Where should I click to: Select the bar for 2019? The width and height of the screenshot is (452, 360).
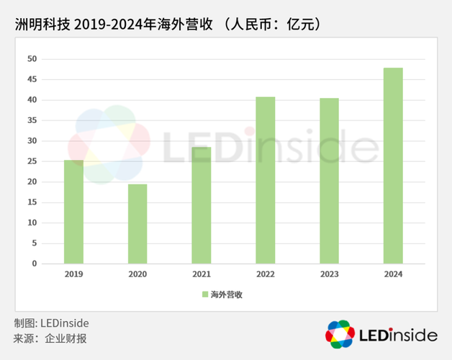click(73, 212)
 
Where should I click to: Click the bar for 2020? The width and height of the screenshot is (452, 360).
click(137, 224)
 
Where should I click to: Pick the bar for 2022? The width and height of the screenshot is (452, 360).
click(265, 180)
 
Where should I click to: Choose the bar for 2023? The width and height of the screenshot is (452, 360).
click(329, 181)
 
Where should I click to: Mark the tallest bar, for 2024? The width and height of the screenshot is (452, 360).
click(393, 166)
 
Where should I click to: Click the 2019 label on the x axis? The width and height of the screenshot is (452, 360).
click(73, 274)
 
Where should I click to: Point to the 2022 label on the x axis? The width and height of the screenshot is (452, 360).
click(265, 274)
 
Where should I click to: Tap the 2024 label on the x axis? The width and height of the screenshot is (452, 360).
click(393, 274)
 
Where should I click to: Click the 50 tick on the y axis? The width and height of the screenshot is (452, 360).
click(32, 59)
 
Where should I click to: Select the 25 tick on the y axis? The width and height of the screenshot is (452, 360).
click(32, 161)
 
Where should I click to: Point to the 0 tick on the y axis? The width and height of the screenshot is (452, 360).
click(34, 264)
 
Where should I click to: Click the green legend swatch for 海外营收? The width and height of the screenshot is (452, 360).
click(204, 294)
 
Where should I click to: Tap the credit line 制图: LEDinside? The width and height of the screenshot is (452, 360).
click(51, 323)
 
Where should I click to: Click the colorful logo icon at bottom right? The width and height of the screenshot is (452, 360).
click(340, 334)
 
